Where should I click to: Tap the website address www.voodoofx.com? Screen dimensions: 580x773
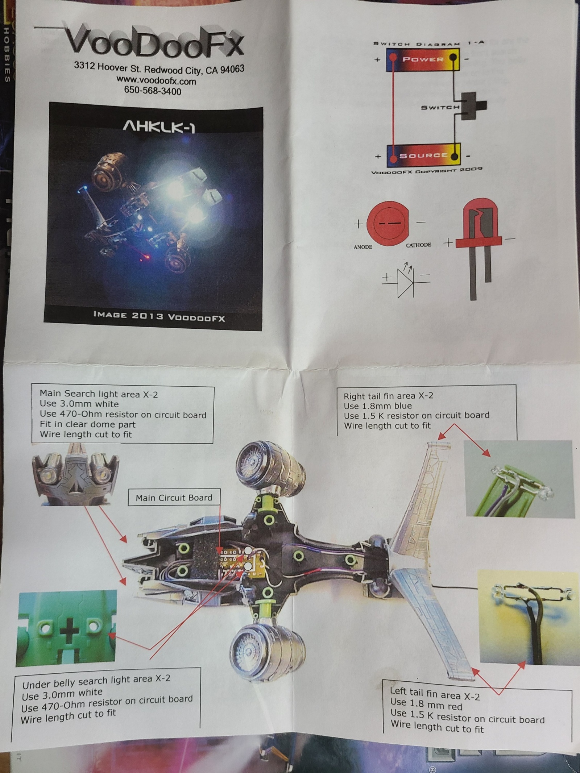tap(156, 80)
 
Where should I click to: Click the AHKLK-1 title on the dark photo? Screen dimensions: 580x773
tap(159, 127)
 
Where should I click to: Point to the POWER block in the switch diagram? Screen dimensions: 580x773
tap(423, 59)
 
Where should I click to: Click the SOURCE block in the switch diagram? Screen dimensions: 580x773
tap(423, 155)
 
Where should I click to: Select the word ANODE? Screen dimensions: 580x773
tap(363, 247)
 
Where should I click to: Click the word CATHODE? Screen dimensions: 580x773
tap(418, 245)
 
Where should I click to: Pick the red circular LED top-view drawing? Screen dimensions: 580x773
tap(388, 224)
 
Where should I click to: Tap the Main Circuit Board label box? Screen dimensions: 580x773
tap(174, 498)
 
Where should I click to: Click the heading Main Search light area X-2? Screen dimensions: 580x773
tap(99, 394)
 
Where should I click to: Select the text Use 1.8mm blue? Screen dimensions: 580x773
tap(378, 406)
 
